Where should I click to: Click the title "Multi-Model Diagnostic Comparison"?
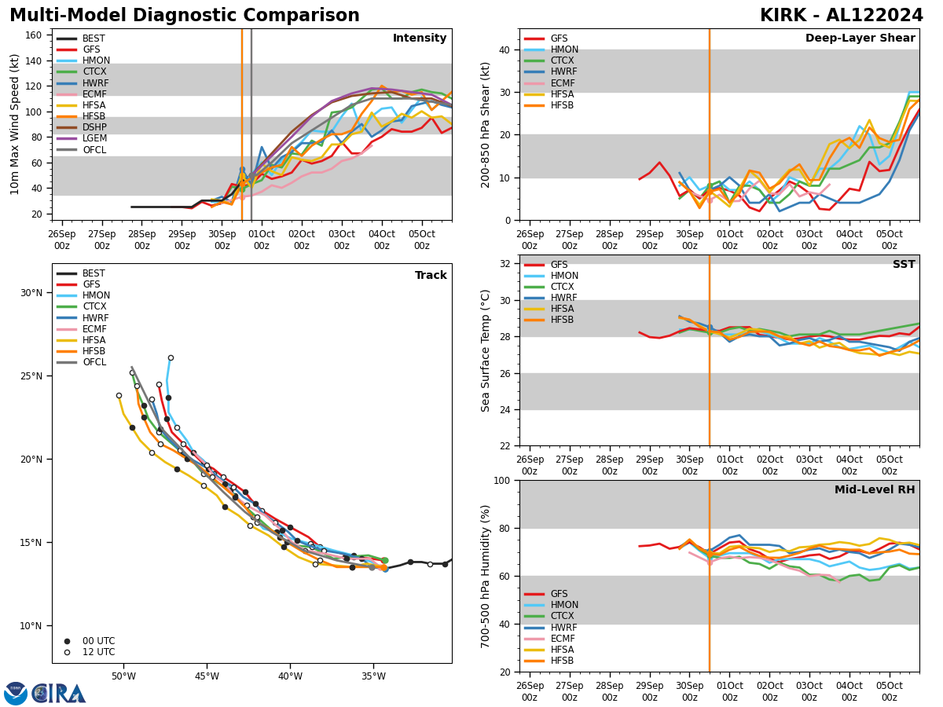(x=184, y=16)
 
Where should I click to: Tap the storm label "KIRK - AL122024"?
(x=841, y=16)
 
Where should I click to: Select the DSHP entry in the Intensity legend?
(x=94, y=127)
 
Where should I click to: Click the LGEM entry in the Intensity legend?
(x=94, y=138)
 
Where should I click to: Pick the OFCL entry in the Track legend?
(x=94, y=362)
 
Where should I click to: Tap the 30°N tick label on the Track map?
(x=31, y=293)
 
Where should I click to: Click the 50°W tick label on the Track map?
(x=123, y=677)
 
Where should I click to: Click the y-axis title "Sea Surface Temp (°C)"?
(x=486, y=350)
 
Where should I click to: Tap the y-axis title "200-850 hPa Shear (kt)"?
(x=486, y=124)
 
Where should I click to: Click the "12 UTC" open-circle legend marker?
(x=67, y=652)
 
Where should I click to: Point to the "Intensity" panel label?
(x=419, y=38)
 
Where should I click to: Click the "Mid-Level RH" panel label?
(x=875, y=490)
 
